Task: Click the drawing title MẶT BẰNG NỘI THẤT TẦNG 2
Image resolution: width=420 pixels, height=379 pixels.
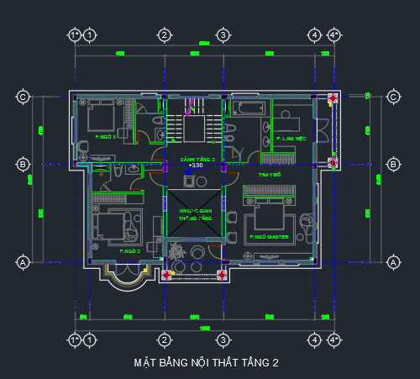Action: (x=206, y=363)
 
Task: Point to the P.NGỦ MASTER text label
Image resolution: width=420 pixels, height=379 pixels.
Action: (x=269, y=238)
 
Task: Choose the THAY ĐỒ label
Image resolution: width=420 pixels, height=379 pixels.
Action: (x=269, y=174)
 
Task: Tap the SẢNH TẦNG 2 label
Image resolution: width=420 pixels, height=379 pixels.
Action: (x=197, y=159)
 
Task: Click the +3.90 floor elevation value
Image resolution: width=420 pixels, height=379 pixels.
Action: (x=197, y=166)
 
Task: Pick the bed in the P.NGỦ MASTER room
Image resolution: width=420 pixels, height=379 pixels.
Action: (x=268, y=215)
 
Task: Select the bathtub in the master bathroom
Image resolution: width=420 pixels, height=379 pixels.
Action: (x=249, y=110)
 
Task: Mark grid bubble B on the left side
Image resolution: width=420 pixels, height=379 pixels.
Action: (x=24, y=164)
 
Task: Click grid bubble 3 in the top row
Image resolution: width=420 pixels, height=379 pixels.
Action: (x=223, y=34)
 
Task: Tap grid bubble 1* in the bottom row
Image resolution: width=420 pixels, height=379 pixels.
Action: (x=74, y=340)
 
